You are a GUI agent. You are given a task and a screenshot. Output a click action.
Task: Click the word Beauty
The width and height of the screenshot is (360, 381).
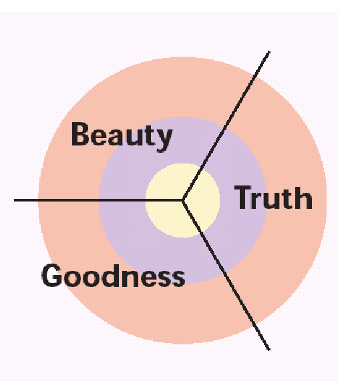click(122, 137)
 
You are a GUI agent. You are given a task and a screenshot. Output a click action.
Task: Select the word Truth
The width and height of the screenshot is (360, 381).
click(273, 197)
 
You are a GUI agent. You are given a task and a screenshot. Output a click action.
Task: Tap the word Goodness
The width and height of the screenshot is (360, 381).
click(114, 276)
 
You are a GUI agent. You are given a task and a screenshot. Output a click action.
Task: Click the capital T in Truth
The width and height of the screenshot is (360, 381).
click(243, 197)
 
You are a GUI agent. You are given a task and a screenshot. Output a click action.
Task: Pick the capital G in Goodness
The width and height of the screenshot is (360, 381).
click(52, 276)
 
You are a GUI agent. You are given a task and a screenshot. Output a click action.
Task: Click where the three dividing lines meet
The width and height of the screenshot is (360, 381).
click(183, 200)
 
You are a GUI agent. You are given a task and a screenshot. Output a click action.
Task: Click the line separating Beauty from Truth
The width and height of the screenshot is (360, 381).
click(226, 125)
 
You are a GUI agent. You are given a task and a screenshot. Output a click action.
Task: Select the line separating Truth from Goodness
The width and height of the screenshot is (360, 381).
click(226, 275)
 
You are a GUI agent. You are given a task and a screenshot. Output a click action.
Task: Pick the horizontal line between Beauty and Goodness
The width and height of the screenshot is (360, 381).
click(98, 200)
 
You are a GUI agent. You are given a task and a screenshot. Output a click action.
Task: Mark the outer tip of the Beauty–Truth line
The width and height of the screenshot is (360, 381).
click(269, 51)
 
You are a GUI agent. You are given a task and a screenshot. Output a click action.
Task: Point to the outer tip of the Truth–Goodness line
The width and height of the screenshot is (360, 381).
click(269, 350)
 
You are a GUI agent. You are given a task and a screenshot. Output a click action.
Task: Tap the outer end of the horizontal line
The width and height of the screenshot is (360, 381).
click(15, 200)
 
